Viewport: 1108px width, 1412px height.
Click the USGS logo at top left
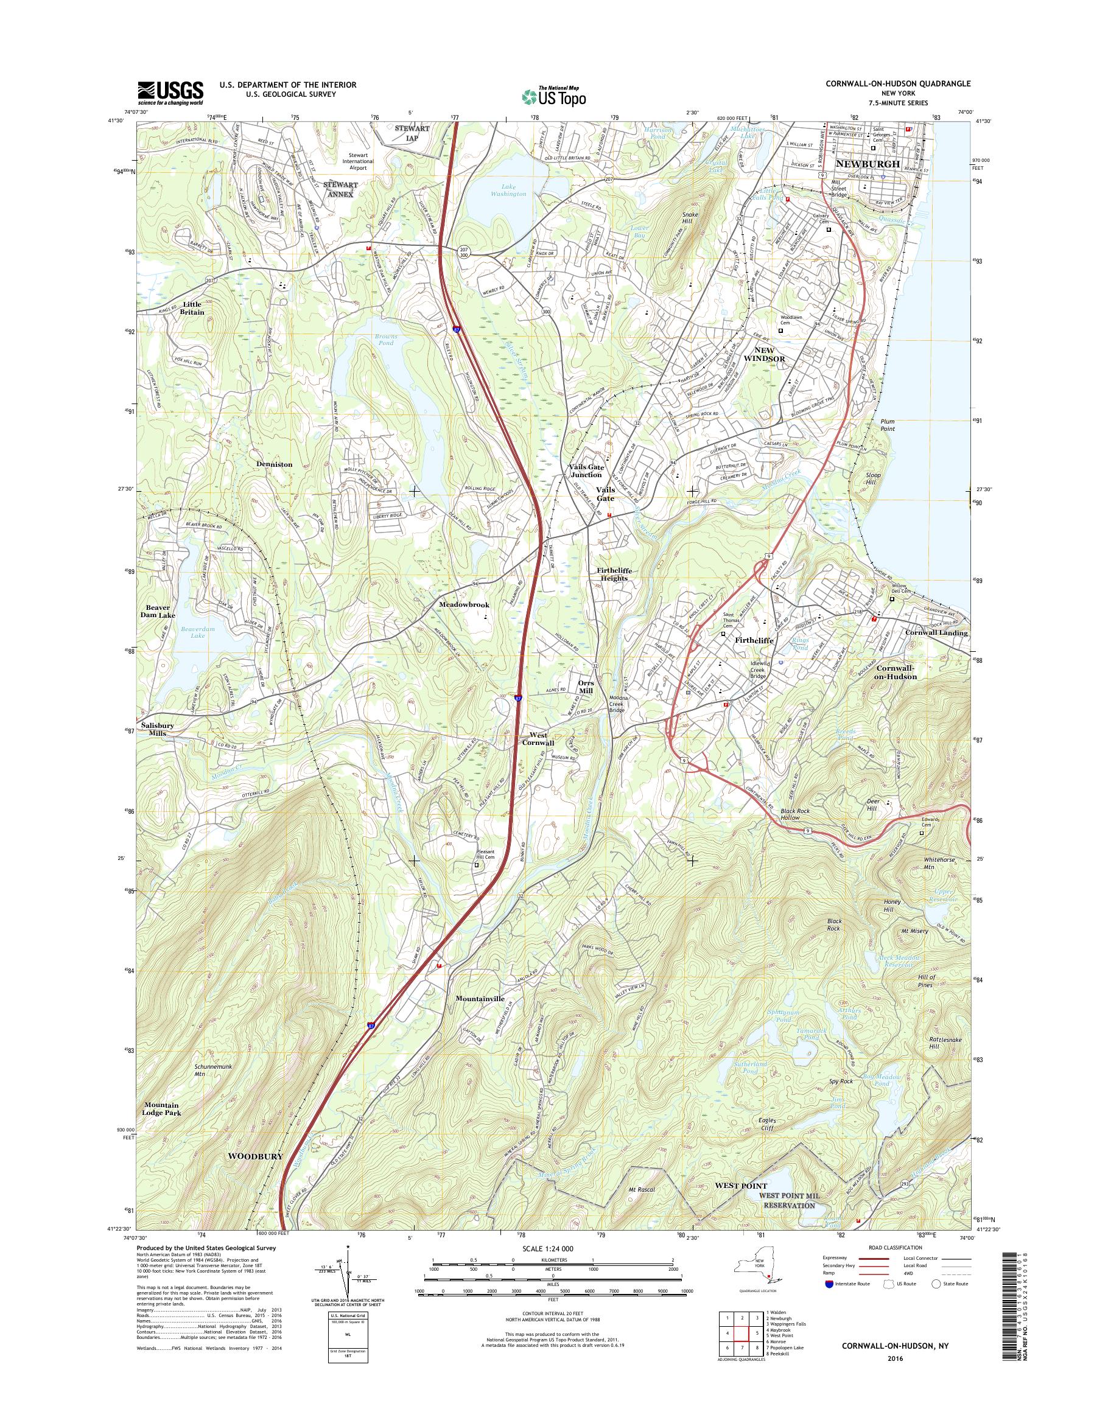tap(170, 92)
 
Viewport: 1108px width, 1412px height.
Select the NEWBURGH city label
tap(868, 164)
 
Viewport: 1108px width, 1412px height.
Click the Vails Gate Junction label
tap(586, 471)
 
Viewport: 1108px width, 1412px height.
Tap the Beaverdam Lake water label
tap(180, 632)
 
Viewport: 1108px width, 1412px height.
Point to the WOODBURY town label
tap(254, 1157)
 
